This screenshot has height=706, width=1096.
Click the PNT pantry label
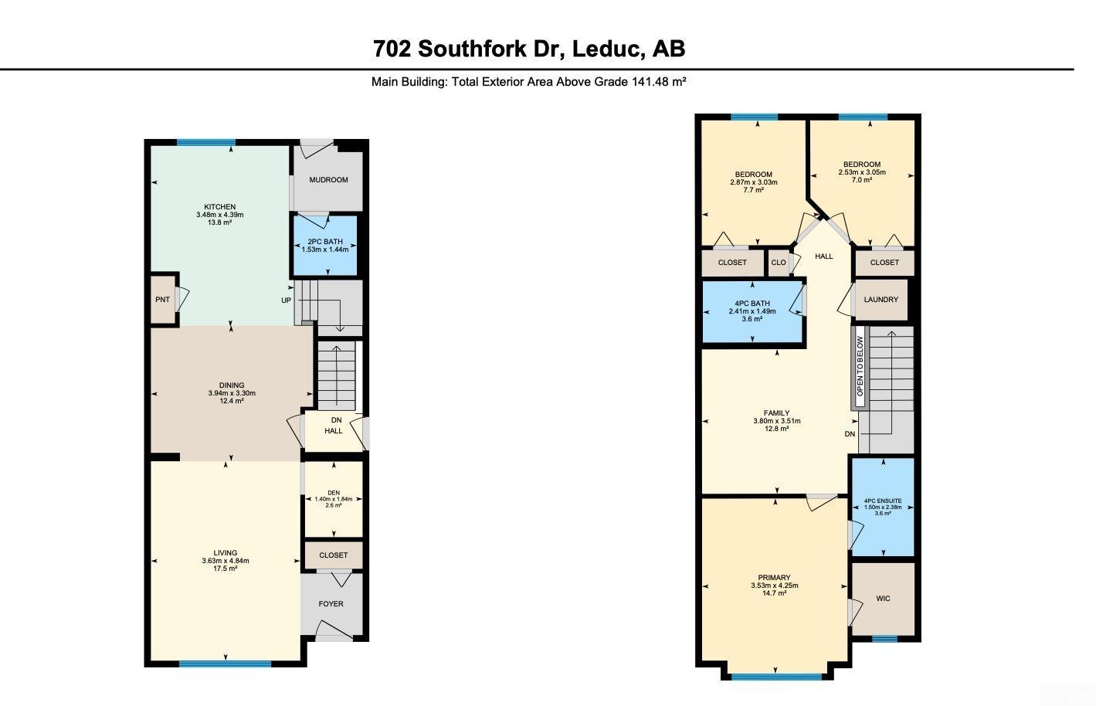pyautogui.click(x=162, y=300)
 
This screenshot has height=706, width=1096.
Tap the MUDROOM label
pyautogui.click(x=328, y=180)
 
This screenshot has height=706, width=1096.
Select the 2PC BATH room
pyautogui.click(x=324, y=246)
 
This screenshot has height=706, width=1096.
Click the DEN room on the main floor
pyautogui.click(x=333, y=499)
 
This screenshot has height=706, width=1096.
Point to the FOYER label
pyautogui.click(x=331, y=604)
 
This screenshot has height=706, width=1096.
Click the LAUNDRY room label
pyautogui.click(x=881, y=300)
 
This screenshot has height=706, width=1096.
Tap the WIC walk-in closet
pyautogui.click(x=883, y=599)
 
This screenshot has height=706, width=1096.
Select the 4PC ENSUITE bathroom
pyautogui.click(x=882, y=507)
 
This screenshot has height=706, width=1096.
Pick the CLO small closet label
pyautogui.click(x=778, y=263)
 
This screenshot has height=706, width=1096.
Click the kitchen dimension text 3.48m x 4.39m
pyautogui.click(x=219, y=215)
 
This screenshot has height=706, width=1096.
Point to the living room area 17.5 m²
pyautogui.click(x=226, y=569)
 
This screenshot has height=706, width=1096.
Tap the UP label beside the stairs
pyautogui.click(x=286, y=300)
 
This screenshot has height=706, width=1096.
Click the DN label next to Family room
pyautogui.click(x=850, y=434)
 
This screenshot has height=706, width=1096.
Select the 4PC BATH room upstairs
pyautogui.click(x=752, y=311)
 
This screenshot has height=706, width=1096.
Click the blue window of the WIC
pyautogui.click(x=884, y=639)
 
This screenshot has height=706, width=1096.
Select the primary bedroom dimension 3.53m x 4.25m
pyautogui.click(x=774, y=586)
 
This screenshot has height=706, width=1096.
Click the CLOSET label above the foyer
pyautogui.click(x=333, y=555)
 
